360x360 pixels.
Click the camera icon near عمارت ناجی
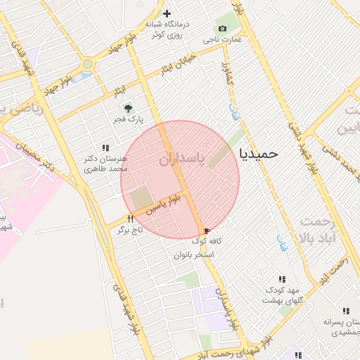pyautogui.click(x=222, y=28)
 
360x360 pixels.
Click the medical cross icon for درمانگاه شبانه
pyautogui.click(x=167, y=13)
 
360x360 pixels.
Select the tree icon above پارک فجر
pyautogui.click(x=128, y=108)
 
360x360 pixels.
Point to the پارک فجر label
pyautogui.click(x=129, y=120)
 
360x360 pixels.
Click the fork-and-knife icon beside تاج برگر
pyautogui.click(x=130, y=219)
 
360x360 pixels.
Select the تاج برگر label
pyautogui.click(x=129, y=231)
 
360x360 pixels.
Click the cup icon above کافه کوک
pyautogui.click(x=206, y=231)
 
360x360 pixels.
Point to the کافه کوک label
pyautogui.click(x=205, y=242)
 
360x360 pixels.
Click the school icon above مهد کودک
pyautogui.click(x=282, y=279)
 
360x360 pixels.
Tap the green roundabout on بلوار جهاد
pyautogui.click(x=87, y=64)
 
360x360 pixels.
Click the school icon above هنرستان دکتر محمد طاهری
pyautogui.click(x=105, y=148)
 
